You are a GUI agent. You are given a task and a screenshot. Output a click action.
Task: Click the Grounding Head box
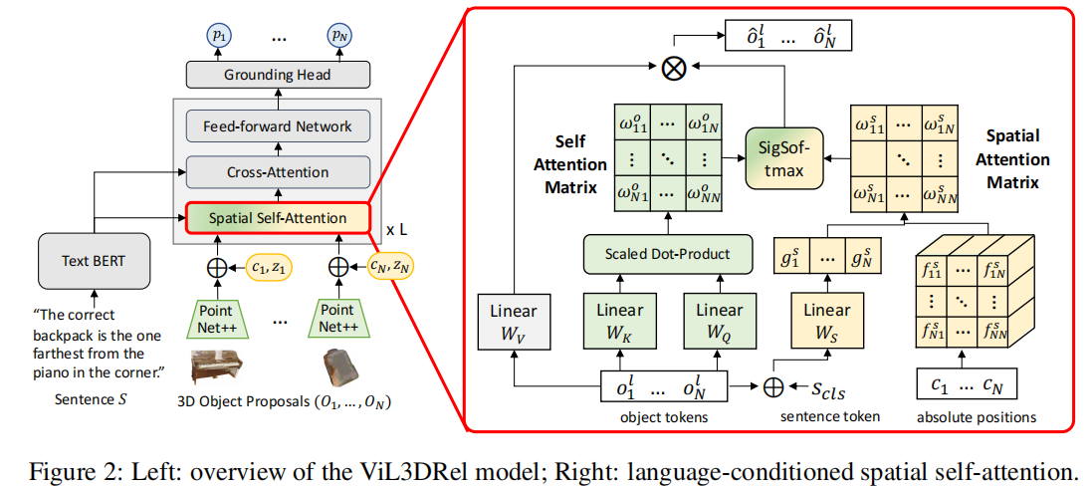point(277,75)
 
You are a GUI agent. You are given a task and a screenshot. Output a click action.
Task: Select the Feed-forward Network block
point(277,126)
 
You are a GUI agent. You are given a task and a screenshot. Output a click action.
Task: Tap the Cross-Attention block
point(277,172)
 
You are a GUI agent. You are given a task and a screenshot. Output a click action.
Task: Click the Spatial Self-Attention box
point(277,217)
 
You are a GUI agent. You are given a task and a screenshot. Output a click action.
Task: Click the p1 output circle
point(218,36)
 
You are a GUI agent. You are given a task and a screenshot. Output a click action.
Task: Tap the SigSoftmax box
point(786,160)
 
